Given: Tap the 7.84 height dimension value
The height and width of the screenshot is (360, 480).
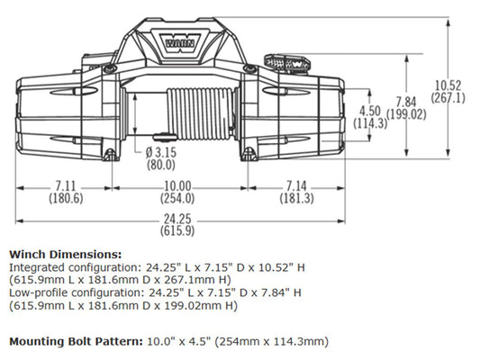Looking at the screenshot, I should coord(407,103).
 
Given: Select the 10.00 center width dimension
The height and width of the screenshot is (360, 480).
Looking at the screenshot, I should coord(177,186).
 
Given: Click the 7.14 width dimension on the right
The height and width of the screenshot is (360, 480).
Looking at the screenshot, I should coord(295,186).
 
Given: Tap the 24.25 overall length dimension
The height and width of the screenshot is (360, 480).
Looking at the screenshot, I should coord(179,218).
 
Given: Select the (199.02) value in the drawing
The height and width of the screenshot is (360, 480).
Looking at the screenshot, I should coord(407,114).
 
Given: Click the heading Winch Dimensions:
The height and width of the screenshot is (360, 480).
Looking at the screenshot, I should coord(64,255).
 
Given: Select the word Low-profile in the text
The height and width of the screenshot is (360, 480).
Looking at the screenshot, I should coord(37,292).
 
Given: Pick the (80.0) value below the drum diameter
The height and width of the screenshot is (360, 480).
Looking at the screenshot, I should coord(161,166).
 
